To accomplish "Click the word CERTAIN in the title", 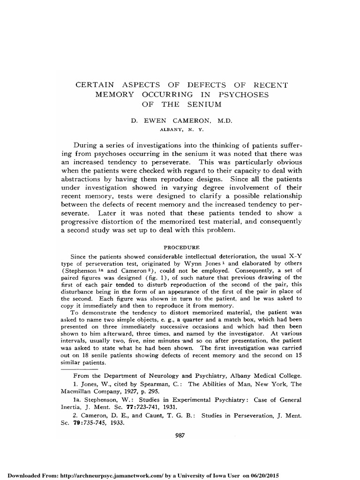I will (95, 85).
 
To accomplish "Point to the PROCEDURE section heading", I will (181, 247).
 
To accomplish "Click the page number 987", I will (180, 435).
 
